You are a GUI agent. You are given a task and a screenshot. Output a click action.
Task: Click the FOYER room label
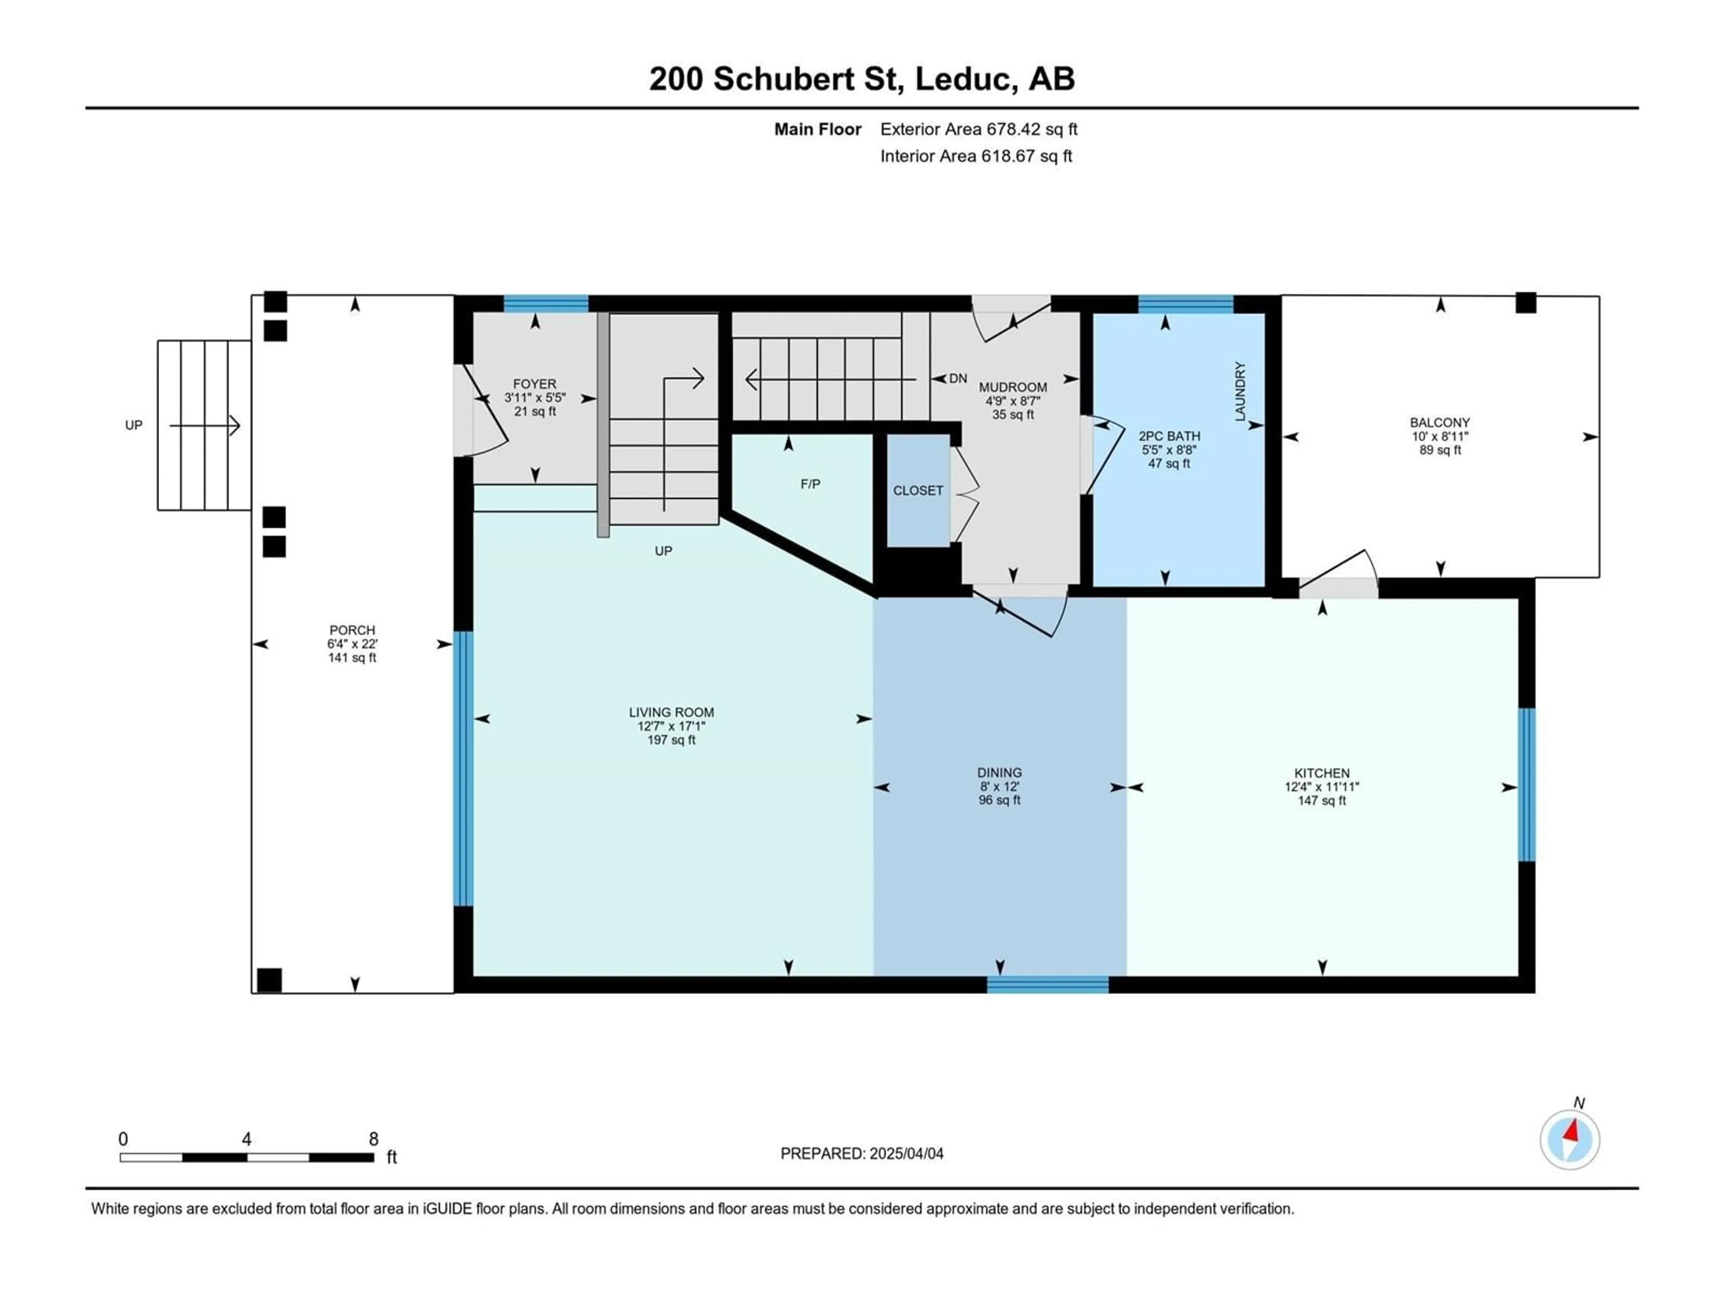point(535,384)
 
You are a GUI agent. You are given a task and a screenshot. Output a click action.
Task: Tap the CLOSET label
point(918,490)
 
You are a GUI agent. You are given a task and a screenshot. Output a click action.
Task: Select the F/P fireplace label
point(810,484)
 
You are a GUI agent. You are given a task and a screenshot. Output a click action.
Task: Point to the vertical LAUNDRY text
point(1240,391)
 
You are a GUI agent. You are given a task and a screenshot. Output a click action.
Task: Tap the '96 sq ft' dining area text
point(1000,800)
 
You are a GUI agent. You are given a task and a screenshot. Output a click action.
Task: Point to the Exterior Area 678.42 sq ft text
point(979,129)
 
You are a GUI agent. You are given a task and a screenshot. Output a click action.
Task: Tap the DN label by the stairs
point(958,379)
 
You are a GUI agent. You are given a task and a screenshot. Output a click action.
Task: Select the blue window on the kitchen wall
point(1527,785)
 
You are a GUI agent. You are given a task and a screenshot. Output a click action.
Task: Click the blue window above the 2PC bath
point(1185,304)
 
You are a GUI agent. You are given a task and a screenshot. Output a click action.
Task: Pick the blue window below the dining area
point(1047,985)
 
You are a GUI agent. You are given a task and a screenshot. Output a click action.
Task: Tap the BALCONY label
point(1439,423)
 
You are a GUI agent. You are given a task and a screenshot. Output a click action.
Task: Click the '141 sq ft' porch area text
point(352,658)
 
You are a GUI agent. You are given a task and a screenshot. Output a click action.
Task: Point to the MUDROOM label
point(1013,387)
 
